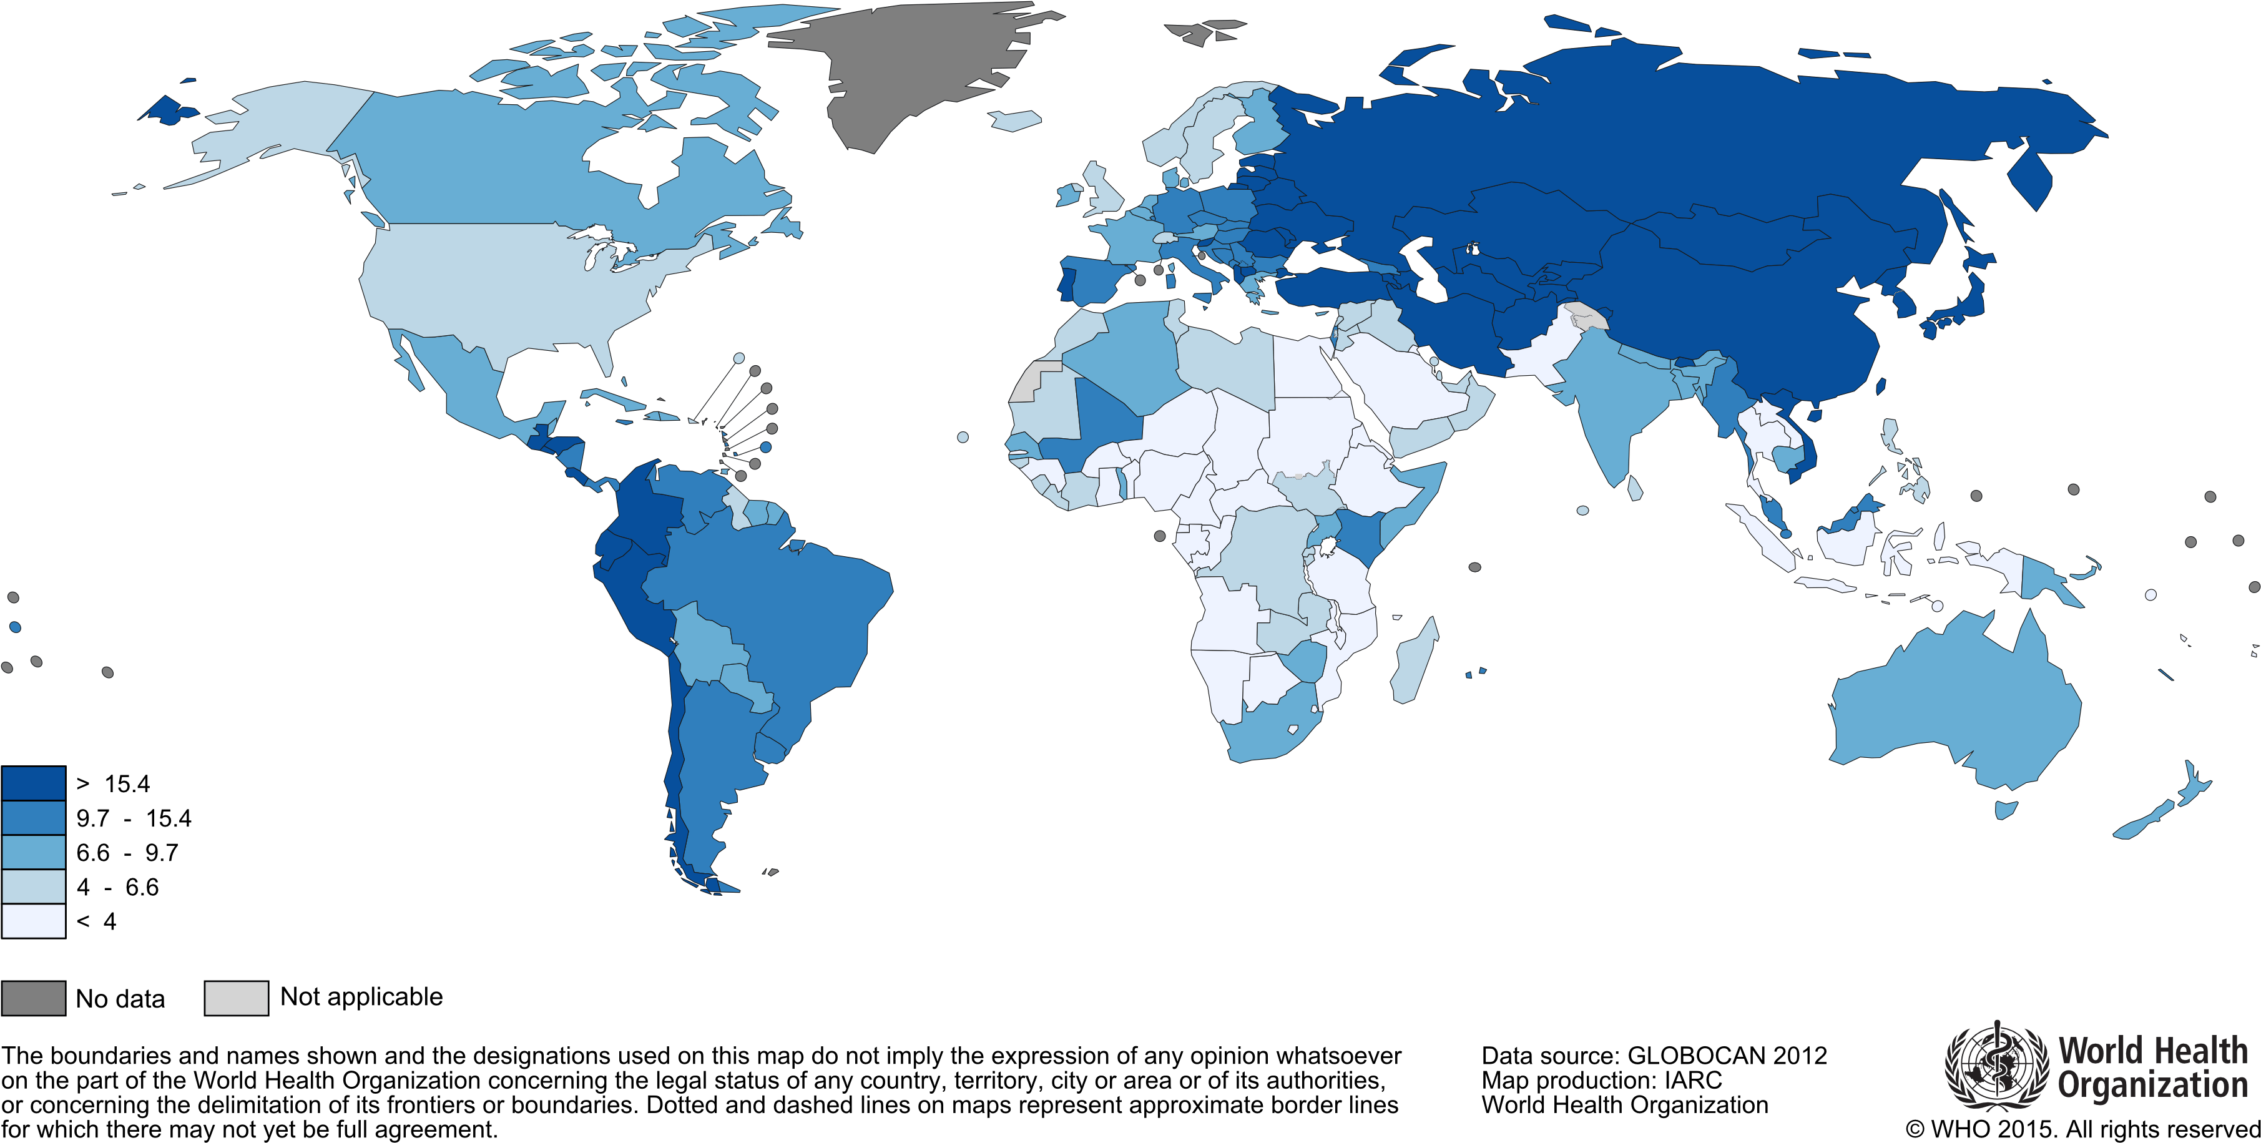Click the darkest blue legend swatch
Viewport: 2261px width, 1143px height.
click(33, 783)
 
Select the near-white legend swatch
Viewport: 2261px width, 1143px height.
click(33, 921)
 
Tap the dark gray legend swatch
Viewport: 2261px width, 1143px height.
click(33, 998)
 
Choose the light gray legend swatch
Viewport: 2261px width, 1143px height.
click(236, 998)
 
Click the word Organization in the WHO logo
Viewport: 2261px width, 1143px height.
click(2152, 1086)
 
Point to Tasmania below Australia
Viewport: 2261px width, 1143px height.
click(2006, 808)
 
